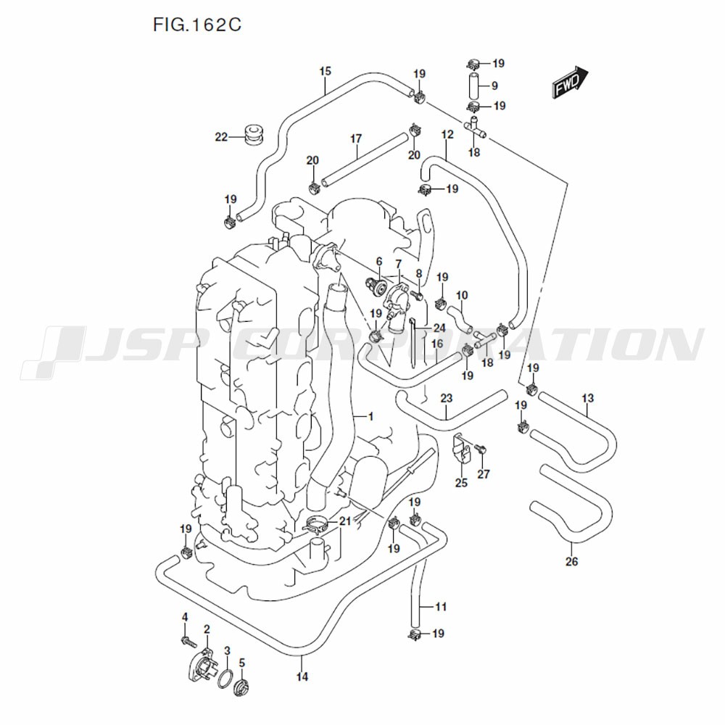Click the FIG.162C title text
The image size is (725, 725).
pyautogui.click(x=196, y=25)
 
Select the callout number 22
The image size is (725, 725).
pyautogui.click(x=221, y=136)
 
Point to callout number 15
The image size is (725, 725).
pyautogui.click(x=325, y=71)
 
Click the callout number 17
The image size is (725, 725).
pyautogui.click(x=356, y=138)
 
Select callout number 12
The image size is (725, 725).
pyautogui.click(x=447, y=135)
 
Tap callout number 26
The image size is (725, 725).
pyautogui.click(x=571, y=560)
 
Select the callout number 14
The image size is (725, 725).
pyautogui.click(x=302, y=676)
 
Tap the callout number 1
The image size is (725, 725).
pyautogui.click(x=370, y=416)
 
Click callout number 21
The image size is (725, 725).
pyautogui.click(x=344, y=521)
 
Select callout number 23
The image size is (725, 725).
pyautogui.click(x=446, y=398)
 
